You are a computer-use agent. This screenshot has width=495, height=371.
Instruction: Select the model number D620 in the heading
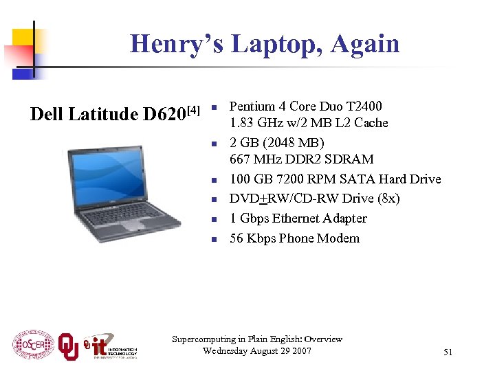pyautogui.click(x=164, y=114)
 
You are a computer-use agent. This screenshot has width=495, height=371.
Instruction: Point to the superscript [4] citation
pyautogui.click(x=194, y=109)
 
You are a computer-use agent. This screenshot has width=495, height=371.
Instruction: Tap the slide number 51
pyautogui.click(x=448, y=352)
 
